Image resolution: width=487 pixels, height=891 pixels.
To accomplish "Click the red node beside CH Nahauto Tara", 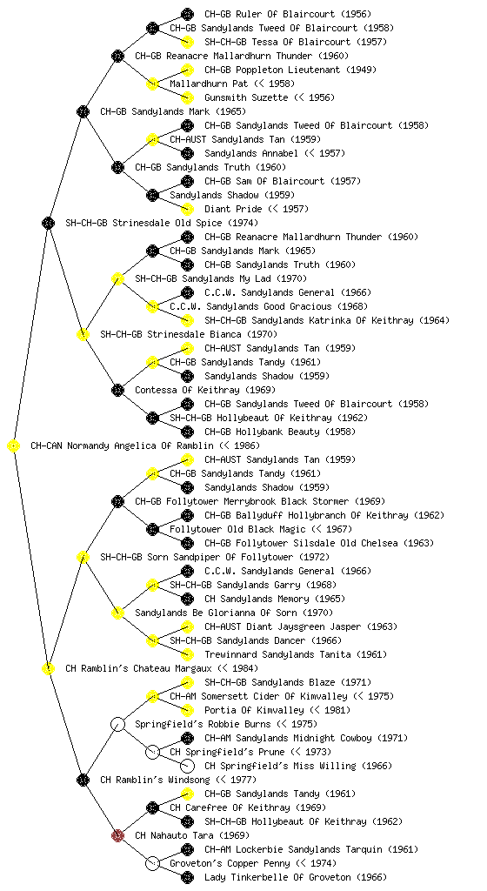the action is tap(117, 835).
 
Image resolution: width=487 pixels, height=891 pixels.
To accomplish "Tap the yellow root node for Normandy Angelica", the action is tap(14, 445).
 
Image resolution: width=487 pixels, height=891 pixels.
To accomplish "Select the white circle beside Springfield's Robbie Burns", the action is tap(117, 724).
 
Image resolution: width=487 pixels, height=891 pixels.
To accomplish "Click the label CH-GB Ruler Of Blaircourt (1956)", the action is tap(285, 14).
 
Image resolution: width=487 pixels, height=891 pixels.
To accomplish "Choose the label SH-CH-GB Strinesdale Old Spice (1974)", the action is tap(162, 223).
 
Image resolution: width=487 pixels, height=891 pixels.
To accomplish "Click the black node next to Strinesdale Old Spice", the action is tap(48, 223).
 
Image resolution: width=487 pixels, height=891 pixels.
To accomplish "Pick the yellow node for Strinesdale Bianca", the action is tap(83, 334).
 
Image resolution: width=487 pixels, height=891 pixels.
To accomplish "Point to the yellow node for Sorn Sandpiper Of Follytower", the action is tap(83, 557).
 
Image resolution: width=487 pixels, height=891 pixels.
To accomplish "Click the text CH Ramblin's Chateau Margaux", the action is tap(138, 668).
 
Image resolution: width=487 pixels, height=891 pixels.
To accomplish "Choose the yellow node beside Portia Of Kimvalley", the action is tap(187, 710).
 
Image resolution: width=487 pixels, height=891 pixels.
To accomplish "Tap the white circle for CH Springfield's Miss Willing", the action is tap(187, 766).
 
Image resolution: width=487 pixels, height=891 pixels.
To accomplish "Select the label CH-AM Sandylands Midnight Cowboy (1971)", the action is tap(306, 738).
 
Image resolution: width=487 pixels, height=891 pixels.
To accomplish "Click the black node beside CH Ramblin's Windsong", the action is tap(83, 780).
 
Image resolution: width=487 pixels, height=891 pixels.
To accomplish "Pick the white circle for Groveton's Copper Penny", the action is tap(152, 863).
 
